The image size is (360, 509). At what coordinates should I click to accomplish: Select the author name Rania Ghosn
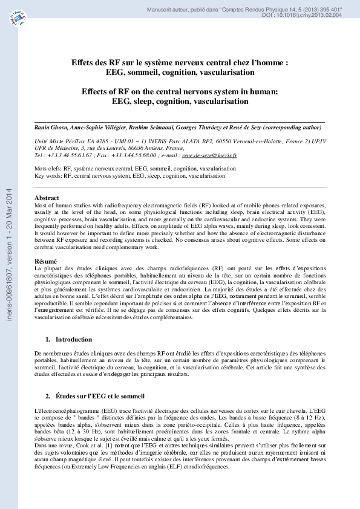click(49, 129)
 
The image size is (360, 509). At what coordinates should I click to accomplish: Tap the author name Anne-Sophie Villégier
click(91, 129)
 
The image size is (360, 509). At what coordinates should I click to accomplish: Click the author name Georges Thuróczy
click(185, 129)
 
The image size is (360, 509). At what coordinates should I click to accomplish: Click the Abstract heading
click(47, 198)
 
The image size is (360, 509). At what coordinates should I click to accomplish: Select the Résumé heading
click(46, 261)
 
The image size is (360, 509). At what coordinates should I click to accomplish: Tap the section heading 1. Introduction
click(69, 340)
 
